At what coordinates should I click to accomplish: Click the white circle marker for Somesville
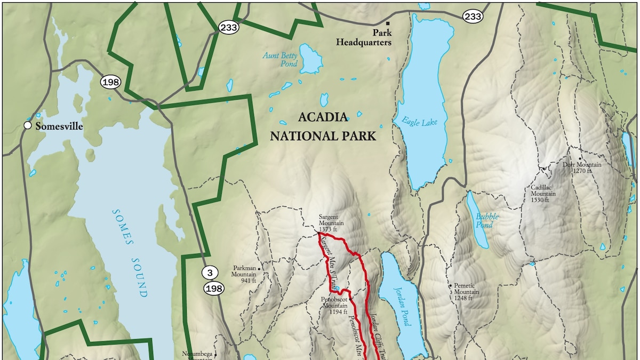(x=27, y=126)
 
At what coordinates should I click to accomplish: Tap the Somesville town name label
(x=59, y=126)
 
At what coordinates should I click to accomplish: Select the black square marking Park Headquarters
(x=388, y=23)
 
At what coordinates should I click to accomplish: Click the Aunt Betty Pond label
(x=280, y=59)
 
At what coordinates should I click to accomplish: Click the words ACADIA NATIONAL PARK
(x=323, y=126)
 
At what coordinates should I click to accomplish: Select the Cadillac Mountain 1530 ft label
(x=543, y=194)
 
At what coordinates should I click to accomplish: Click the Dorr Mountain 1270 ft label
(x=582, y=168)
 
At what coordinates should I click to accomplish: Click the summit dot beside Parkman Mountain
(x=259, y=269)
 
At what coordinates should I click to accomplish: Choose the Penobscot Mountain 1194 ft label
(x=334, y=306)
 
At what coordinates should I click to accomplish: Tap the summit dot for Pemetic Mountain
(x=451, y=286)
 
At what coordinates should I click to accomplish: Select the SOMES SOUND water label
(x=129, y=253)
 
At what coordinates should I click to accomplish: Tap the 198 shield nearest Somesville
(x=111, y=82)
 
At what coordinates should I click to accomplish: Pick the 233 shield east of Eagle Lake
(x=473, y=17)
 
